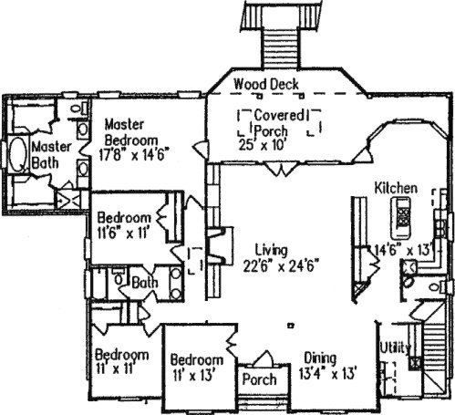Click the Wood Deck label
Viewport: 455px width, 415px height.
point(266,84)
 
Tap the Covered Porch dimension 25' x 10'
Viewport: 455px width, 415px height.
point(261,145)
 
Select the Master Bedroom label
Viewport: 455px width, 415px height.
point(131,132)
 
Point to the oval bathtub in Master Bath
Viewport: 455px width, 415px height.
point(16,155)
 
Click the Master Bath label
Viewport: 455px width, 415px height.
point(51,155)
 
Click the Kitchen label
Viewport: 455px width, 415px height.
point(396,188)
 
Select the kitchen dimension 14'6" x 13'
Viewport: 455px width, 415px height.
point(403,251)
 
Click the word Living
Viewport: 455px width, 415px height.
point(271,251)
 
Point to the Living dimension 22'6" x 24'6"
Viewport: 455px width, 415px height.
point(281,265)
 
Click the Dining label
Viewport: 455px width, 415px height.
point(320,358)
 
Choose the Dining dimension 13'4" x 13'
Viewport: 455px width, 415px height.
point(327,373)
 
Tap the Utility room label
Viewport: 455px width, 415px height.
point(395,348)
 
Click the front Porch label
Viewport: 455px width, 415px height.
point(259,379)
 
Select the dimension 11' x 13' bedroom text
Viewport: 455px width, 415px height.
point(193,376)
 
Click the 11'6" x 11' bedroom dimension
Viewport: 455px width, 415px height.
point(123,233)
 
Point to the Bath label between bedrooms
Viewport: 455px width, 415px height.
point(145,283)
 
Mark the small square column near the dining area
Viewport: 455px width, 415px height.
point(291,326)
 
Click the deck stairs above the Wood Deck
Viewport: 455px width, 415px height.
point(280,47)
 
